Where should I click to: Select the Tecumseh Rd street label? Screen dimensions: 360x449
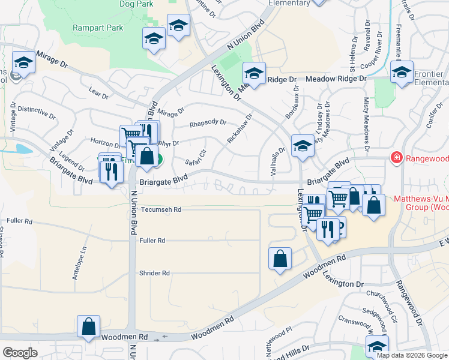[x=161, y=210]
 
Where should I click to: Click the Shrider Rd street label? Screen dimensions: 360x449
[x=154, y=273]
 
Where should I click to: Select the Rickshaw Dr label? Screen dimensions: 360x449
[x=240, y=128]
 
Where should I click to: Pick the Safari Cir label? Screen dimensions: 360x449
[x=196, y=158]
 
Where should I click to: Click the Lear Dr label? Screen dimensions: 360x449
[x=98, y=92]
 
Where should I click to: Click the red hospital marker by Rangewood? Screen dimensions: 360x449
[x=396, y=158]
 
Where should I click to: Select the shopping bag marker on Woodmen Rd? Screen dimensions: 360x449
[x=88, y=327]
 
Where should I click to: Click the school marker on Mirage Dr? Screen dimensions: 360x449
[x=23, y=62]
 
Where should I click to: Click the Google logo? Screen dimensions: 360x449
[x=20, y=353]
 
